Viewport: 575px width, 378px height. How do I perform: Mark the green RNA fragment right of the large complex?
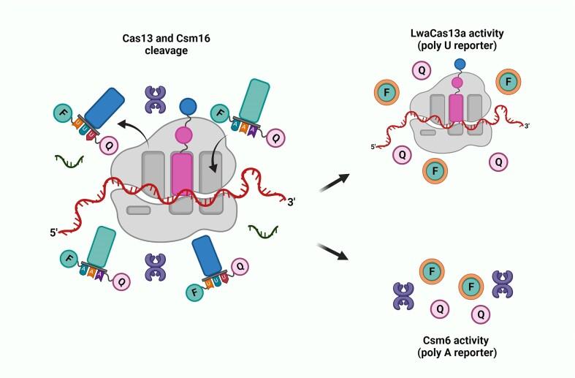point(264,232)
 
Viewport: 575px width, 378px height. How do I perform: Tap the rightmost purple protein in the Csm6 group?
point(505,283)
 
